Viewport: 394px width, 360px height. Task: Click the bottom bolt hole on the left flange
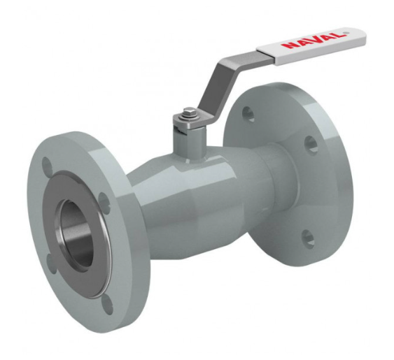pos(108,304)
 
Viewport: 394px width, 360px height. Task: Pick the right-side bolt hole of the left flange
pos(104,203)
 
